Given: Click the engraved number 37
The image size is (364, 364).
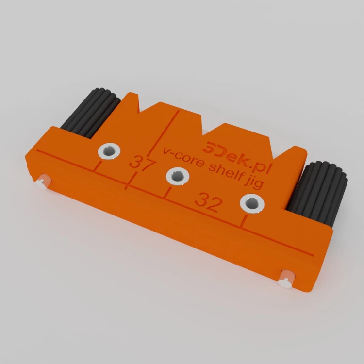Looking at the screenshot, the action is [x=142, y=163].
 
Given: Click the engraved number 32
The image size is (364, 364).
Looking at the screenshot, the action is [x=208, y=202].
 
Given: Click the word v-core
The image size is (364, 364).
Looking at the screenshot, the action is [x=183, y=157].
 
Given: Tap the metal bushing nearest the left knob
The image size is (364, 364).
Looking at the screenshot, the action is [x=109, y=151].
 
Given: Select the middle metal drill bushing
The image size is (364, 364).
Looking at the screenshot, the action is [x=178, y=176].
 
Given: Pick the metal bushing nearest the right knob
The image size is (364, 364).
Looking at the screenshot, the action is [x=252, y=203].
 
